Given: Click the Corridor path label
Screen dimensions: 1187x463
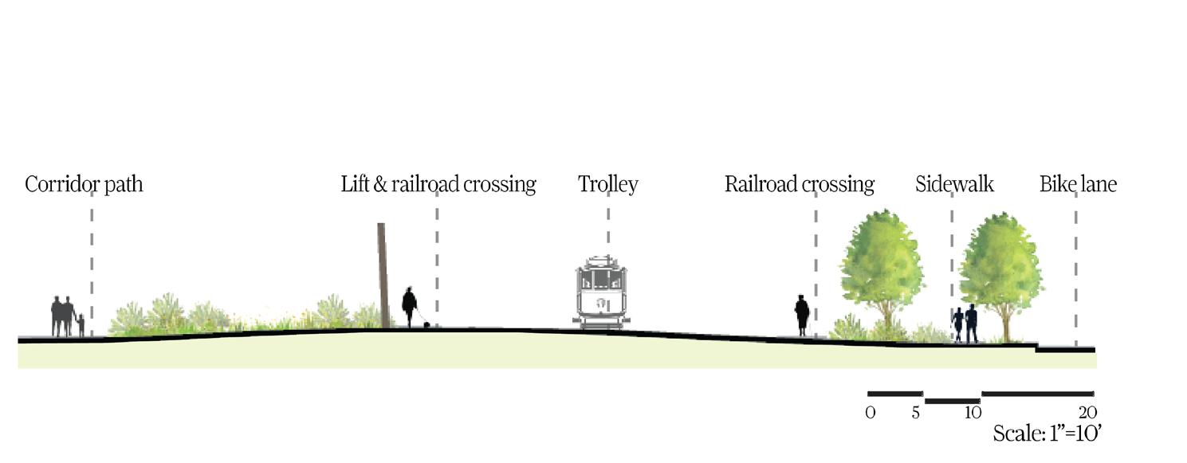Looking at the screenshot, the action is click(84, 185).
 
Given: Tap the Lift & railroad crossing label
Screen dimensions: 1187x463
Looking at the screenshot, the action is click(438, 185).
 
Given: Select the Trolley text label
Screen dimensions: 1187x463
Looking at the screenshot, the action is click(607, 185).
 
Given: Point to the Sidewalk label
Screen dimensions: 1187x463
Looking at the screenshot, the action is click(954, 185).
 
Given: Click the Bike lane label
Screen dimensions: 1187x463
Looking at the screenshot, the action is click(1078, 185).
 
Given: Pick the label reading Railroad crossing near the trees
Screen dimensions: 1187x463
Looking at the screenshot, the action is click(799, 185).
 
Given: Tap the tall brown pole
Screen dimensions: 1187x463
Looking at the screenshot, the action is click(383, 275).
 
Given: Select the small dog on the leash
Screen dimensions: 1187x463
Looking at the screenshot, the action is click(427, 324).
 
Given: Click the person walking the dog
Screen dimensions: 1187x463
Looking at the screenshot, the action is click(409, 307).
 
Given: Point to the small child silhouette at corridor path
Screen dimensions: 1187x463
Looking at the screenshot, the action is click(81, 325).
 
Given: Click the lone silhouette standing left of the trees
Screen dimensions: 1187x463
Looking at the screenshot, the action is click(802, 315).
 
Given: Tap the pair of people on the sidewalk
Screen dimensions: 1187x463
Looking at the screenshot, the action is click(965, 324).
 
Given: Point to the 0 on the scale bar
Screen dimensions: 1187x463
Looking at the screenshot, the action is click(870, 413).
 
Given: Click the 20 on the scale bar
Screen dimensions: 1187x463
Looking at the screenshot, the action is click(1088, 413).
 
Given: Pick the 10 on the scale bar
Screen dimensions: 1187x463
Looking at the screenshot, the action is click(973, 413).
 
